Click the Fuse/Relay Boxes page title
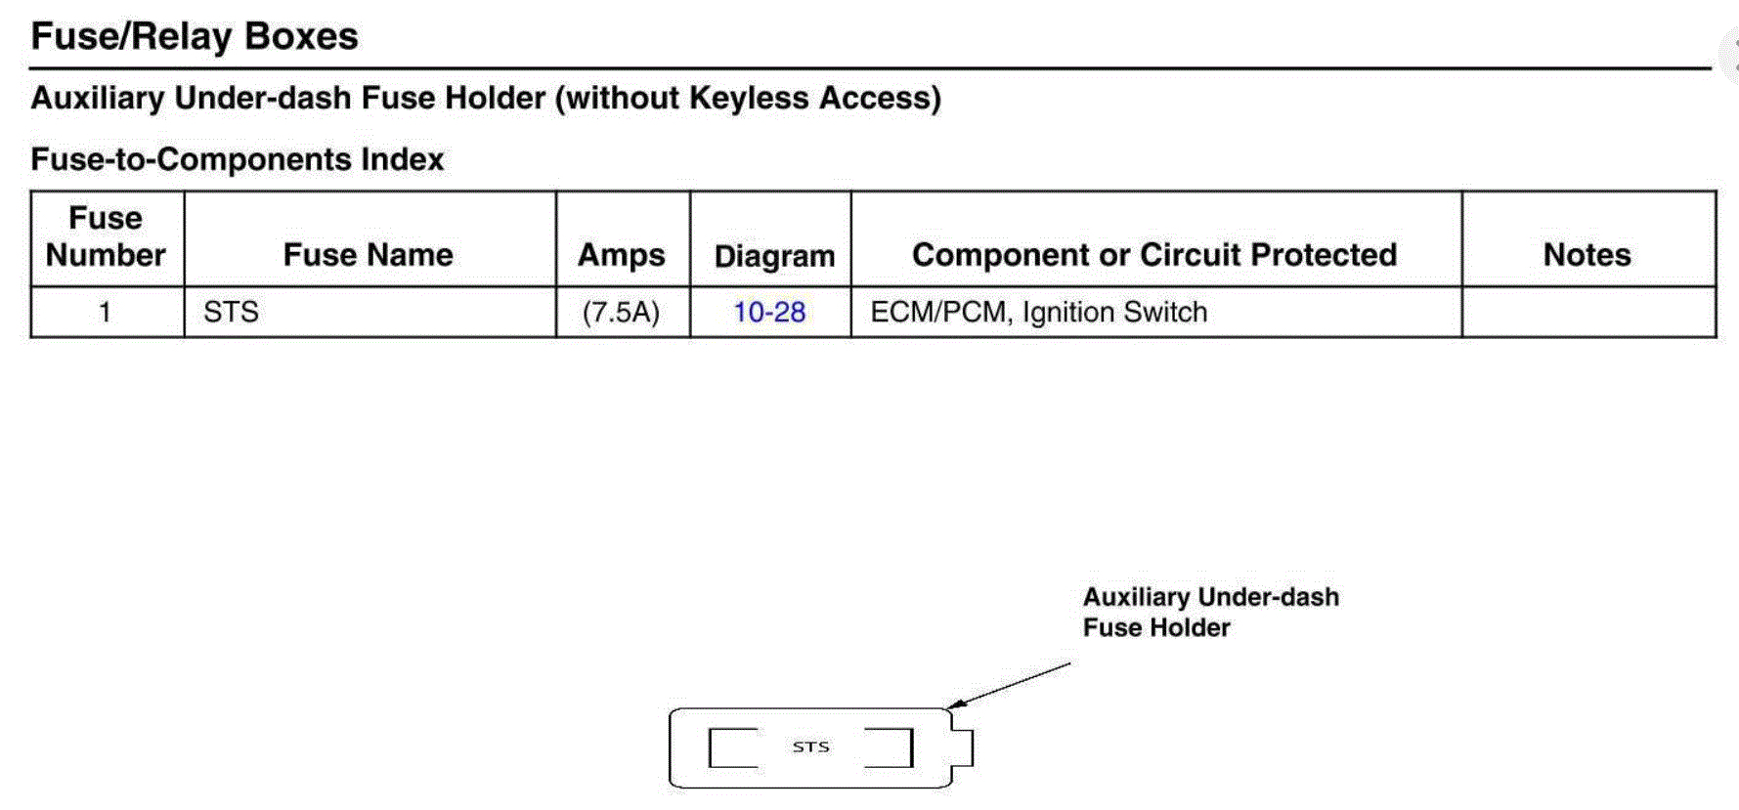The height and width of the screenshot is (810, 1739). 195,36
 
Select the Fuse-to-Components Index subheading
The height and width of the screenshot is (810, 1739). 238,159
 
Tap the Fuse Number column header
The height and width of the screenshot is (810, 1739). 106,236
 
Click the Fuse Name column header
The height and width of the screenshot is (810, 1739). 368,255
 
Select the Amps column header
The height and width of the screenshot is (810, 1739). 622,255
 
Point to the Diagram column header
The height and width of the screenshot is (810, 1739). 774,256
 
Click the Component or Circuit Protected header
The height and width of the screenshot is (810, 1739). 1154,255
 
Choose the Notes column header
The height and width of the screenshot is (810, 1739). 1587,255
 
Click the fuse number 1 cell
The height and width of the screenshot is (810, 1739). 105,313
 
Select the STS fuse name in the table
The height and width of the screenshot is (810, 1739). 231,313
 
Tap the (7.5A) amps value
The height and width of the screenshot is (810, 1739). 621,313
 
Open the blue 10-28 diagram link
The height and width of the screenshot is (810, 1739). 769,313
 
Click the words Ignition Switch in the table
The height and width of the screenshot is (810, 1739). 1114,313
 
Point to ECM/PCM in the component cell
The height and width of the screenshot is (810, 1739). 939,313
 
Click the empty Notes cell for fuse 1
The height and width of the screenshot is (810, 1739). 1587,313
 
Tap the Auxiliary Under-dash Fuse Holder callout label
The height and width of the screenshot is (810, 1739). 1210,612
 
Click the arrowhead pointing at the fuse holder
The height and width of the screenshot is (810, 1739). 955,704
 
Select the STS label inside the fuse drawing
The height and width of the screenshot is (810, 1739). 810,747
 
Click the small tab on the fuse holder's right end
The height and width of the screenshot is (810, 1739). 963,748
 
